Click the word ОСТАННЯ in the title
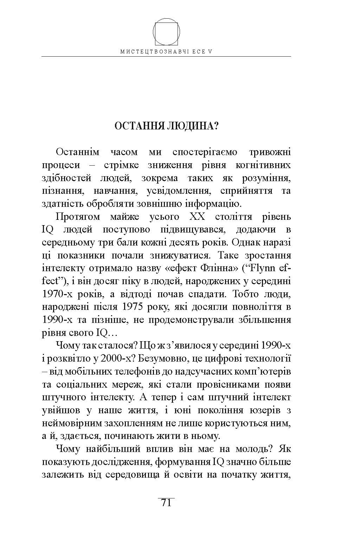click(x=137, y=126)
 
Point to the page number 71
click(x=166, y=503)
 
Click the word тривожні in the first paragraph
click(x=270, y=152)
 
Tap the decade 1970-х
click(x=62, y=294)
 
